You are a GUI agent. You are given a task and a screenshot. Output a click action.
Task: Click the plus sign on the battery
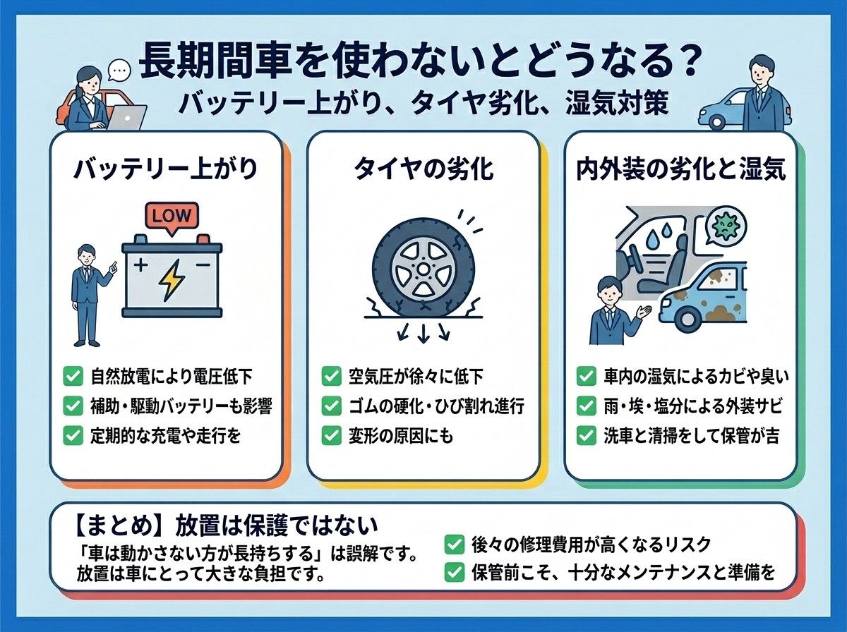140,265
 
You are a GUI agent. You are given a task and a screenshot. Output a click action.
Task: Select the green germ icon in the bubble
726,226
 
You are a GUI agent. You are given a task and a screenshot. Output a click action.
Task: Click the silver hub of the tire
423,268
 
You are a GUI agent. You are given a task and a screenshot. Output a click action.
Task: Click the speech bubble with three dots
119,70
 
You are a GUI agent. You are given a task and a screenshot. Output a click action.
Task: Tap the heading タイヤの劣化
423,170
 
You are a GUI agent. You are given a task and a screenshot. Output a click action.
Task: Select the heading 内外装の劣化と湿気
680,170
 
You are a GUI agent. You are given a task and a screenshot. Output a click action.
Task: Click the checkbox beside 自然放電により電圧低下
73,376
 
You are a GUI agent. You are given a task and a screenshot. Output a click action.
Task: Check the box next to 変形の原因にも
331,436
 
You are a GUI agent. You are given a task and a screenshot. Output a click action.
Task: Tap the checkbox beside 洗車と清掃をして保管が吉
586,436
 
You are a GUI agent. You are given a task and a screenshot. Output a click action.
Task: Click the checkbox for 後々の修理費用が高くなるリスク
454,545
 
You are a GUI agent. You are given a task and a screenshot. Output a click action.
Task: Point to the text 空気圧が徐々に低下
416,377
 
